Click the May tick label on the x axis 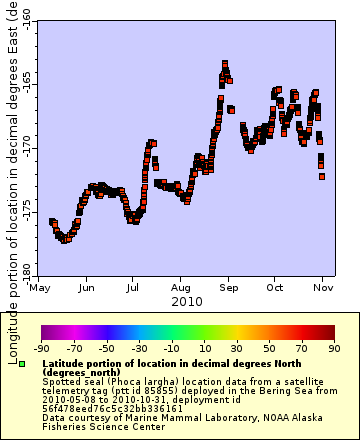pos(40,286)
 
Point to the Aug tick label pos(180,286)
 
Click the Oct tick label pos(274,286)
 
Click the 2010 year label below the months pos(187,300)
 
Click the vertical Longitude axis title pos(12,180)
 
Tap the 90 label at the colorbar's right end pos(334,348)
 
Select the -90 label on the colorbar pos(42,348)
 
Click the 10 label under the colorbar pos(204,348)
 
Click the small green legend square pos(35,362)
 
